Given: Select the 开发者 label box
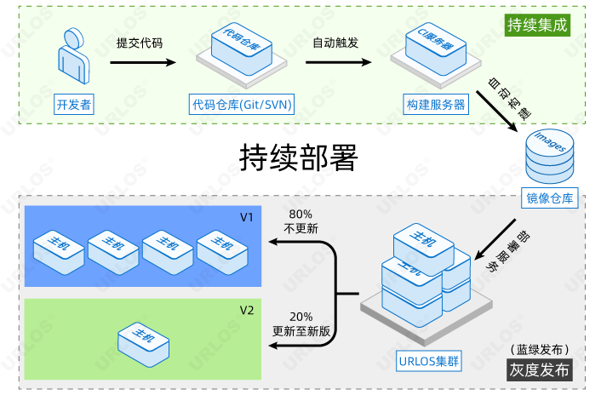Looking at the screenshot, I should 73,105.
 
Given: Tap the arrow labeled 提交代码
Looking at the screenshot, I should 146,62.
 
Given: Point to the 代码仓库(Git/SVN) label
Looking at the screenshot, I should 242,105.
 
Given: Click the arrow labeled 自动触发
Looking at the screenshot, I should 341,62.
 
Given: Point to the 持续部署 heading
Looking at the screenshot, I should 298,157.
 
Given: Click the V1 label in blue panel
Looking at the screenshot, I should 246,217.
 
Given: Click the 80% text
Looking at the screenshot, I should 300,214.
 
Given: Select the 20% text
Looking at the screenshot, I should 300,316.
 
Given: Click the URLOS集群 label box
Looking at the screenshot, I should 428,360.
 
